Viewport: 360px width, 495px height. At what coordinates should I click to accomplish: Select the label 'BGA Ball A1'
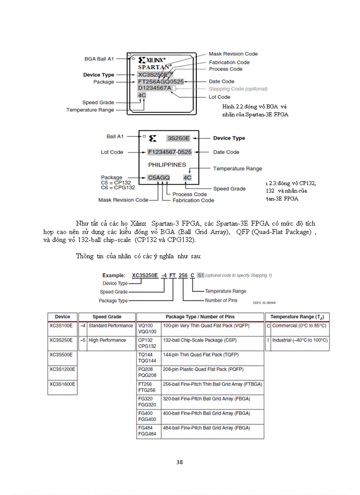pyautogui.click(x=99, y=59)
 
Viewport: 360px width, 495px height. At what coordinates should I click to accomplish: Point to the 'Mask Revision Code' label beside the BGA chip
pyautogui.click(x=233, y=54)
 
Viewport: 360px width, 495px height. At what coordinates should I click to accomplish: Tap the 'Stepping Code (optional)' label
pyautogui.click(x=238, y=89)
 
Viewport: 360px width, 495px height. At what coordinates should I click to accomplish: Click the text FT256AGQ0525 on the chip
pyautogui.click(x=161, y=82)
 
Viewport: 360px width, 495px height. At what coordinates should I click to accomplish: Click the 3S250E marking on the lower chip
pyautogui.click(x=178, y=138)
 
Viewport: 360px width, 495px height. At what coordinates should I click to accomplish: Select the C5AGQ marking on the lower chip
pyautogui.click(x=159, y=178)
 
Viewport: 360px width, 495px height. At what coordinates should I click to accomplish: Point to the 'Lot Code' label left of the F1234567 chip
pyautogui.click(x=112, y=152)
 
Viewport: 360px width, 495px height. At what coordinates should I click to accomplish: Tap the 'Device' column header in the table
pyautogui.click(x=62, y=317)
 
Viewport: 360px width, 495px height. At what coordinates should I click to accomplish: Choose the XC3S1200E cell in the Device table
pyautogui.click(x=62, y=369)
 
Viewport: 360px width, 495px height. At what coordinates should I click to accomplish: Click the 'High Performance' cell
pyautogui.click(x=107, y=340)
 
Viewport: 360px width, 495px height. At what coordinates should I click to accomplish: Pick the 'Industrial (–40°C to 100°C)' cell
pyautogui.click(x=300, y=340)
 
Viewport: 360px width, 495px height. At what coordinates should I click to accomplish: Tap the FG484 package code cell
pyautogui.click(x=146, y=428)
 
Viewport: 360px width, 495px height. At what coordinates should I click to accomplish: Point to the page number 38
pyautogui.click(x=180, y=462)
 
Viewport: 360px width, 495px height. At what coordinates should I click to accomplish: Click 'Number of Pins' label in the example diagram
pyautogui.click(x=221, y=301)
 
